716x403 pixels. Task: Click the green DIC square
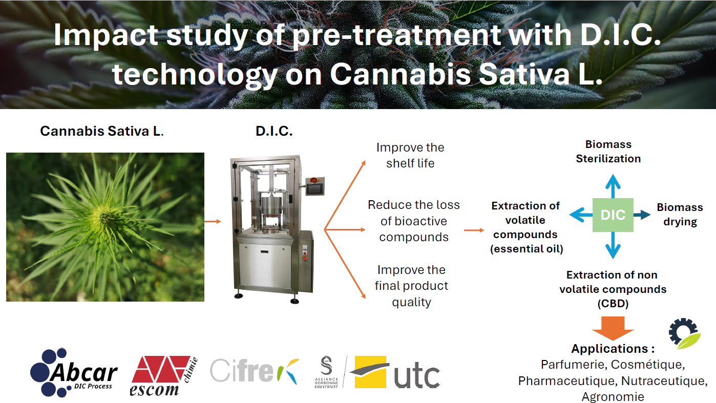[x=613, y=215]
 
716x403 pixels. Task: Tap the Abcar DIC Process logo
[x=74, y=373]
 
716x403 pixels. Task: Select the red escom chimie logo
[x=163, y=376]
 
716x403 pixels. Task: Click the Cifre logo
[x=255, y=371]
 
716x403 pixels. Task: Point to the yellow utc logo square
[x=370, y=372]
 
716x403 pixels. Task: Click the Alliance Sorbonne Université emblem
[x=326, y=372]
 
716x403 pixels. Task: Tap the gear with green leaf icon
[x=685, y=333]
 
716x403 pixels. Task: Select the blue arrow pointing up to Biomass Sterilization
[x=613, y=186]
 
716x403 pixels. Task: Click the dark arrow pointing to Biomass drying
[x=642, y=215]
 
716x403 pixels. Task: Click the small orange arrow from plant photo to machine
[x=213, y=222]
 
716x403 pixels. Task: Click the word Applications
[x=609, y=349]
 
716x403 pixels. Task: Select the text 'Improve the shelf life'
[x=410, y=155]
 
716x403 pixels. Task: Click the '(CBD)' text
[x=613, y=303]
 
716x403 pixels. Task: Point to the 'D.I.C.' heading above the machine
[x=274, y=131]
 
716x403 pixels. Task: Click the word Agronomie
[x=613, y=397]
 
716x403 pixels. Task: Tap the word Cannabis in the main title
[x=400, y=74]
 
